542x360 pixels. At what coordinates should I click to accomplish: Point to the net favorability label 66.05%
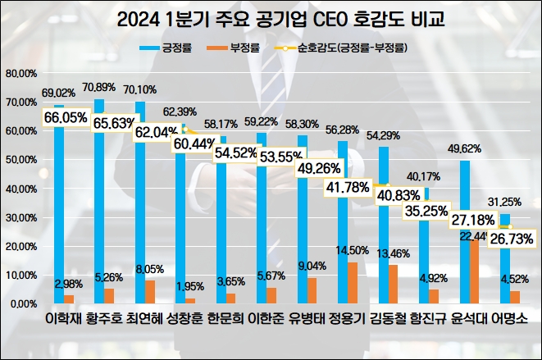pos(66,120)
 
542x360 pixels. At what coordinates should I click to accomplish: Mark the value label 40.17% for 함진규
pos(423,175)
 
